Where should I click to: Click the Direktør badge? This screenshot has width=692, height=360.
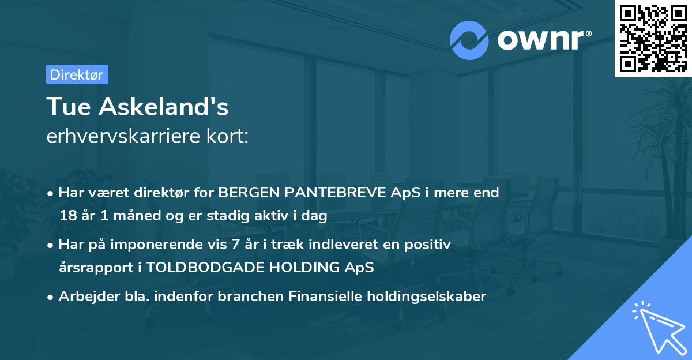(x=77, y=74)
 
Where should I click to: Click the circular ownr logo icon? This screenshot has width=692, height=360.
(x=469, y=40)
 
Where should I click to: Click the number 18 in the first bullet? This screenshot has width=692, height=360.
(x=67, y=216)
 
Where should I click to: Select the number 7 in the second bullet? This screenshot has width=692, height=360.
(x=235, y=245)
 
